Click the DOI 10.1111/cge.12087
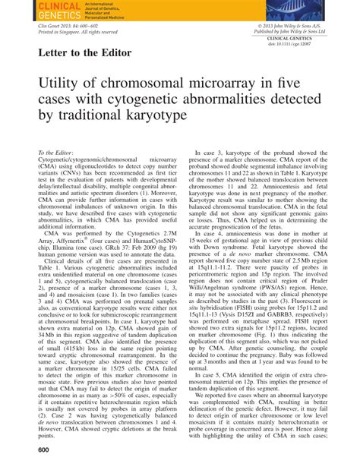coord(320,45)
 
